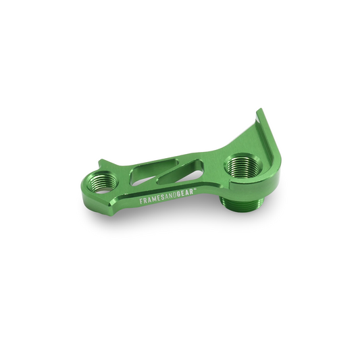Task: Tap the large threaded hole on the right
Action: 239,164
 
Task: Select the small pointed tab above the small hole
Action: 100,162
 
